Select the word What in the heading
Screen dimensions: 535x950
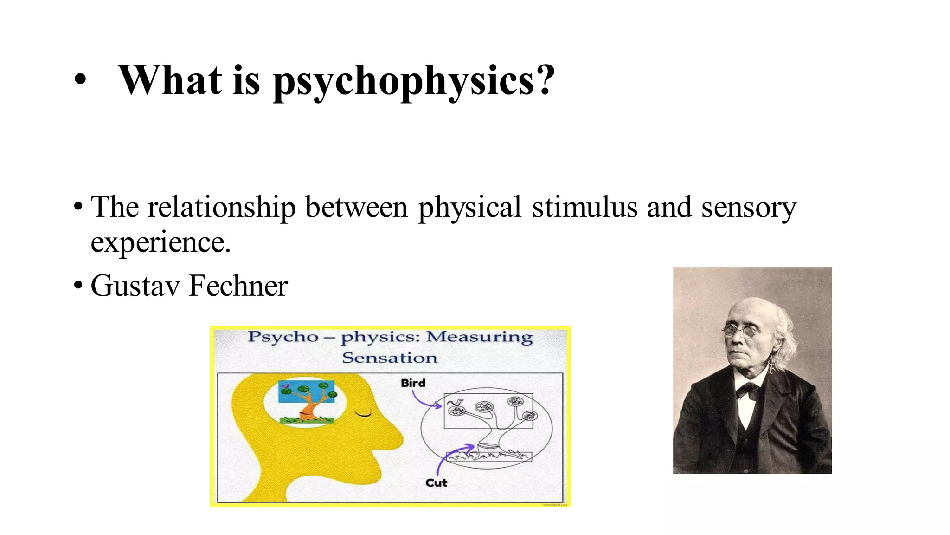click(x=170, y=80)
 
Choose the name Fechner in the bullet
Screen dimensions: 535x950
click(x=238, y=286)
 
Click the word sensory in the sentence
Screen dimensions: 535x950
click(x=748, y=207)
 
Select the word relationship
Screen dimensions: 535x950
click(x=221, y=207)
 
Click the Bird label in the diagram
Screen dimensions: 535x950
click(x=413, y=383)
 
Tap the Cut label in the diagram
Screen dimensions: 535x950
click(x=436, y=483)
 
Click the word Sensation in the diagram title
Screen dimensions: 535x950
click(x=390, y=358)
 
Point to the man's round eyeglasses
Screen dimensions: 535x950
click(x=741, y=331)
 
